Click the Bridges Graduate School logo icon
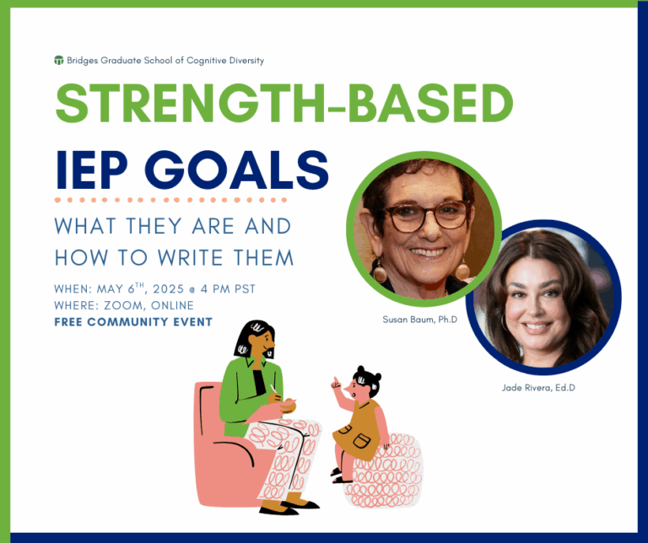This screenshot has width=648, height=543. coord(58,61)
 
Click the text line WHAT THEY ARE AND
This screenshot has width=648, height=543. coord(172,227)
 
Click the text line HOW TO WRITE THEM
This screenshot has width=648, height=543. coord(174,257)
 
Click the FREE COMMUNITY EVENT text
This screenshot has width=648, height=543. coord(133,322)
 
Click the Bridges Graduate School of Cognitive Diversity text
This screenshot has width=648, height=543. coord(165,61)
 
